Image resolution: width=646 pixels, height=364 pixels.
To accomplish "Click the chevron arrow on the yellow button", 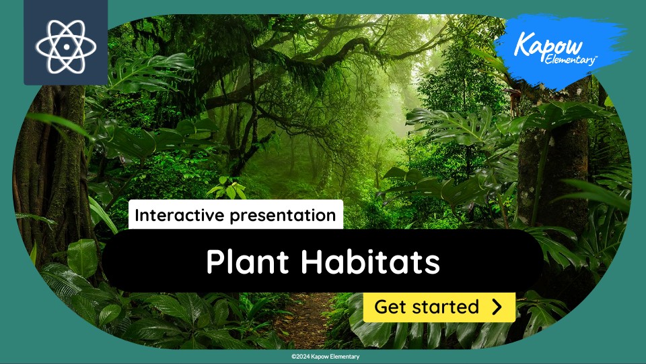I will pos(497,307).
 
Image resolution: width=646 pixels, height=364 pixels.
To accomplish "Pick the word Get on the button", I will pos(390,307).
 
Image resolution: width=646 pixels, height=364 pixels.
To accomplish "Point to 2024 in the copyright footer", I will pos(303,357).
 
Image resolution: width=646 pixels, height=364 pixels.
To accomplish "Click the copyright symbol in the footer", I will pos(293,357).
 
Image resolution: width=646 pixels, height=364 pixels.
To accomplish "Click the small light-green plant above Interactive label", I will pos(227,189).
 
